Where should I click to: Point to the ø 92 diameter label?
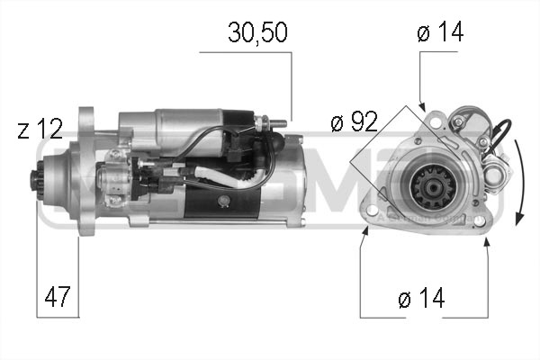coord(353,121)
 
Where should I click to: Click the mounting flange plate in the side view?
coord(85,171)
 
